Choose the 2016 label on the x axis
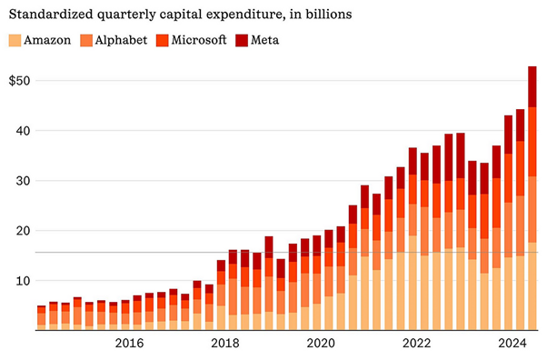coord(130,343)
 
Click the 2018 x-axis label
coord(225,343)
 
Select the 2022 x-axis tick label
coord(417,343)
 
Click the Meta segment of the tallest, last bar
coord(532,86)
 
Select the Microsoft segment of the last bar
coord(532,142)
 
